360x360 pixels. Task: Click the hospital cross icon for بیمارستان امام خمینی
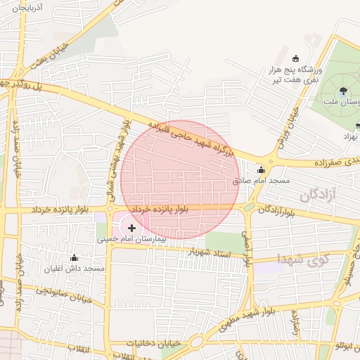(131, 228)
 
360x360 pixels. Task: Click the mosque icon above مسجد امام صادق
(262, 169)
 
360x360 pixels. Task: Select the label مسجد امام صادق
(262, 181)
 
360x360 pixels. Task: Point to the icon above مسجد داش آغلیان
(75, 257)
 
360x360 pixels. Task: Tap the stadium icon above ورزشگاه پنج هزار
(295, 58)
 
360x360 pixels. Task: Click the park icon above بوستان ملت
(343, 90)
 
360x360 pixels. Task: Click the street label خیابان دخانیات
(154, 343)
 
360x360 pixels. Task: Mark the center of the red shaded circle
(180, 180)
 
